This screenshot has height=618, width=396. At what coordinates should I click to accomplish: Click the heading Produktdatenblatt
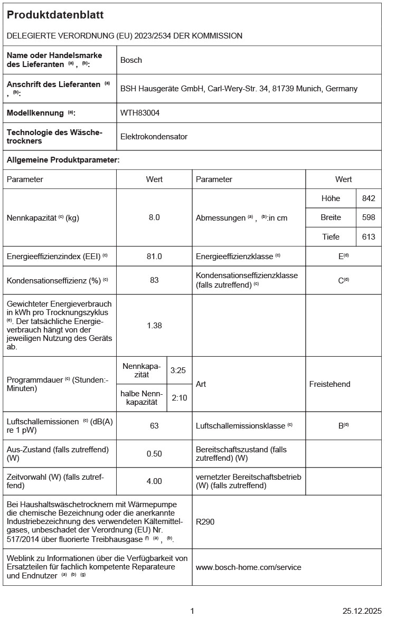click(x=55, y=15)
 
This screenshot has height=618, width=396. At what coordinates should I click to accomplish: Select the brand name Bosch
click(x=131, y=60)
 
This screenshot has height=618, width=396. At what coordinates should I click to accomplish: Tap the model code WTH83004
click(x=140, y=113)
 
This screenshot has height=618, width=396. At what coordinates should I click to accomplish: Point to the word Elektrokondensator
click(x=154, y=137)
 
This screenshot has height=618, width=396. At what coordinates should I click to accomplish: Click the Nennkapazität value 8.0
click(x=154, y=217)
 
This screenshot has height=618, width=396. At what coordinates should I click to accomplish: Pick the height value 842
click(x=369, y=198)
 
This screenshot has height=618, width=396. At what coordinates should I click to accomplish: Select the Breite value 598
click(x=369, y=217)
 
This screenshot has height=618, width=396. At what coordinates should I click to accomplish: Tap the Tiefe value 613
click(x=369, y=237)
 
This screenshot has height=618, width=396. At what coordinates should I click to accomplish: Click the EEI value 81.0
click(x=154, y=256)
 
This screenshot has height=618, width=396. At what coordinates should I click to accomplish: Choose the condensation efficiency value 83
click(x=154, y=280)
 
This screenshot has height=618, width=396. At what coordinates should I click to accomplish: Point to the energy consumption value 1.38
click(x=154, y=326)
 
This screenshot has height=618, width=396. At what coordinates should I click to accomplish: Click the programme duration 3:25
click(x=178, y=370)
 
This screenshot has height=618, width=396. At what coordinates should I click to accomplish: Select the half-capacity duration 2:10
click(x=179, y=398)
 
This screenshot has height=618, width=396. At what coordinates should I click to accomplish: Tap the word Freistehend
click(x=329, y=384)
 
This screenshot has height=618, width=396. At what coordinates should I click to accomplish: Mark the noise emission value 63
click(x=154, y=425)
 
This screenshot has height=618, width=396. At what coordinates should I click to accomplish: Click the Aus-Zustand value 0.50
click(x=154, y=454)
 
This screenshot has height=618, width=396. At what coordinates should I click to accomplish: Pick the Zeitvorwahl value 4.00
click(x=154, y=481)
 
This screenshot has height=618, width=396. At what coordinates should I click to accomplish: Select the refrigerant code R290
click(x=205, y=522)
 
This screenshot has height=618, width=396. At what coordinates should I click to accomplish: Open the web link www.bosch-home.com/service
click(x=248, y=567)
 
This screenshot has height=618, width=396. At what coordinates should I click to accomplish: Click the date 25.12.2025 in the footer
click(x=362, y=611)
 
